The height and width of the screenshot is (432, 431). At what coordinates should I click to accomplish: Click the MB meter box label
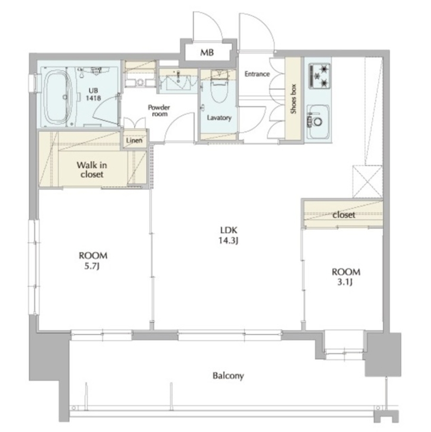click(207, 52)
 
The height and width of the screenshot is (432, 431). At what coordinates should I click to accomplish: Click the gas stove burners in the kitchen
click(320, 76)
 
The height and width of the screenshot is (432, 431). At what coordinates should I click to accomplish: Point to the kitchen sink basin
click(318, 121)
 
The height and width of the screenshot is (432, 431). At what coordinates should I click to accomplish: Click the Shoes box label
click(293, 99)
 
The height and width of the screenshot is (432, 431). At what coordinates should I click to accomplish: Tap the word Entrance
click(257, 74)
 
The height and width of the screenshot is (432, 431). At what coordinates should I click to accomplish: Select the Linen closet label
click(134, 140)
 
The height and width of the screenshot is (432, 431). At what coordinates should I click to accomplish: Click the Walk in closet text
click(92, 170)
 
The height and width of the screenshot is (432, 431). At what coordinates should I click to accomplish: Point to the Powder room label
click(159, 111)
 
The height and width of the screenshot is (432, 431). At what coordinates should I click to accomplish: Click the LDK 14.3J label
click(228, 235)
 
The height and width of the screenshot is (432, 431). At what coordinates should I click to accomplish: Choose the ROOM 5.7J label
click(93, 260)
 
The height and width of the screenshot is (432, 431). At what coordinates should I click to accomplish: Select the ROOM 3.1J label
click(346, 277)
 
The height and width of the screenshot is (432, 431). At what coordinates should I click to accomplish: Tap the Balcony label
click(228, 376)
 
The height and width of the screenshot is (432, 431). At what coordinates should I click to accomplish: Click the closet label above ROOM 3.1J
click(343, 215)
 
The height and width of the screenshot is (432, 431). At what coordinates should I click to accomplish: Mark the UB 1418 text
click(93, 94)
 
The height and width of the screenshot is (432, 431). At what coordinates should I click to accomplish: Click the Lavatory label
click(219, 118)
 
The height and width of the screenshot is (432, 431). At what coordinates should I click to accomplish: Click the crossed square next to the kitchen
click(368, 181)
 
